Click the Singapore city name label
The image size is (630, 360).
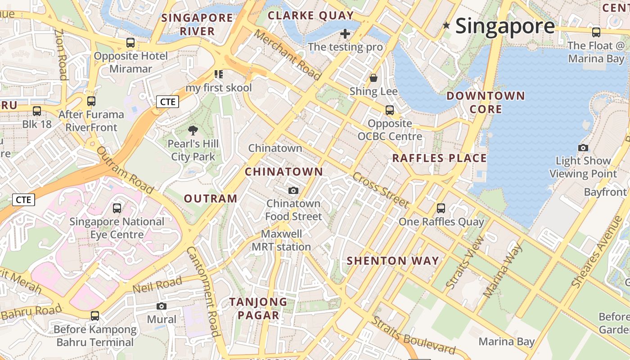tap(505, 26)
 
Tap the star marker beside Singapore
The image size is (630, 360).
tap(446, 26)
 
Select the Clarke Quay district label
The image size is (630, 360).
tap(310, 16)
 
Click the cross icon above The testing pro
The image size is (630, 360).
tap(345, 34)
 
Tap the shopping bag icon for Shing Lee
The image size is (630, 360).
tap(373, 78)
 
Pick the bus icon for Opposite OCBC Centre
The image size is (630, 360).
tap(390, 110)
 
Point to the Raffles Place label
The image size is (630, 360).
tap(439, 158)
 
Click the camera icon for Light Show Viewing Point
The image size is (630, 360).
tap(583, 148)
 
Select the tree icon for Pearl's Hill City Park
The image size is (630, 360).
tap(193, 131)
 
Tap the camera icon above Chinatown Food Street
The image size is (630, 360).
tap(293, 191)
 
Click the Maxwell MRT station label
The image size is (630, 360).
tap(281, 241)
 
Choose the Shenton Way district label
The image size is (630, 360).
tap(393, 261)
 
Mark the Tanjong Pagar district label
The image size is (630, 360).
tap(258, 309)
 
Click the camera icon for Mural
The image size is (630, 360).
tap(162, 306)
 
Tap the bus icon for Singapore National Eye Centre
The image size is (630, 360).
tap(117, 208)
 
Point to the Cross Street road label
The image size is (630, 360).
tap(381, 190)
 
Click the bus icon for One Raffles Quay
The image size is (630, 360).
tap(441, 208)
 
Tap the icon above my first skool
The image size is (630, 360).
tap(219, 74)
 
